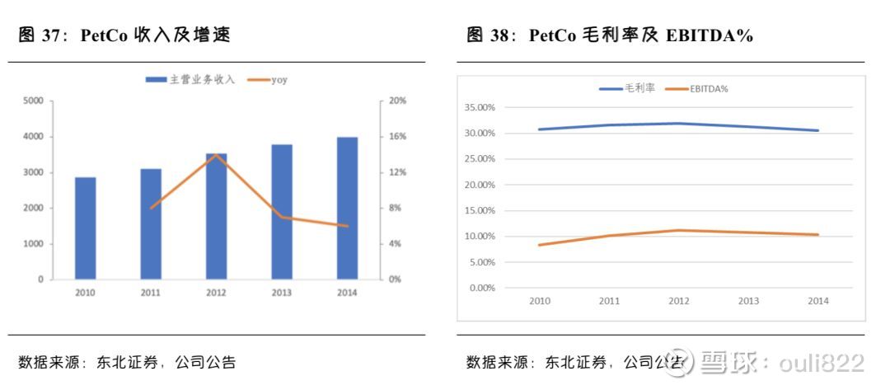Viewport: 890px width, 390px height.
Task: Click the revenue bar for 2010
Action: click(x=85, y=228)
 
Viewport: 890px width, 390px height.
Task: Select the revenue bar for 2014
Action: click(x=347, y=208)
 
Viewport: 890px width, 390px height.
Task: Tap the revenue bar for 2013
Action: click(x=282, y=212)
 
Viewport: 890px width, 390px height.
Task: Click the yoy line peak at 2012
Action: click(x=216, y=155)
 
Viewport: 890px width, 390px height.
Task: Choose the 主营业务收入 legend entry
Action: click(x=190, y=80)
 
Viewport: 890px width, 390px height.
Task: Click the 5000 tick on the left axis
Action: click(x=34, y=101)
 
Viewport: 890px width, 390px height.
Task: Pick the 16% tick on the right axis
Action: click(x=397, y=137)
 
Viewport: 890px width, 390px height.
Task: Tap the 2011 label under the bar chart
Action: click(x=150, y=293)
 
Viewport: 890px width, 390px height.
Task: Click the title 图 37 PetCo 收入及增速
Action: click(x=124, y=35)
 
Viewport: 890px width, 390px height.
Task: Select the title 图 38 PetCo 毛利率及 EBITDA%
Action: click(x=610, y=35)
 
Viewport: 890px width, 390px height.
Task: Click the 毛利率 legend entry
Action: click(x=628, y=88)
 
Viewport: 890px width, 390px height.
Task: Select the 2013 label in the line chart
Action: click(x=748, y=301)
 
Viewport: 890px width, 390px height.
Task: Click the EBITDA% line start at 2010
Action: click(x=540, y=245)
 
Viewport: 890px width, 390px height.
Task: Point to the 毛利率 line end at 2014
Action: click(x=817, y=130)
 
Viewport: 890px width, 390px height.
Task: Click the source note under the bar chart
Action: click(x=128, y=362)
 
